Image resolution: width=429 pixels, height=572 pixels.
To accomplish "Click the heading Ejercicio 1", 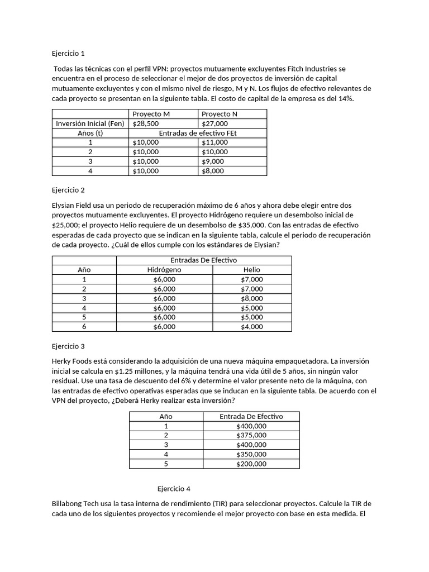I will [68, 54].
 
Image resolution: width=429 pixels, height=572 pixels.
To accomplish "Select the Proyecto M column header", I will [151, 114].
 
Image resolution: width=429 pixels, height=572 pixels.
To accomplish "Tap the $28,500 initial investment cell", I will [146, 123].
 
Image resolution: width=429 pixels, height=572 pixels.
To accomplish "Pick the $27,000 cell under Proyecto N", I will [214, 123].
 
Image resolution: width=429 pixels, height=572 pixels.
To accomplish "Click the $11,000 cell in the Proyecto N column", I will [214, 142].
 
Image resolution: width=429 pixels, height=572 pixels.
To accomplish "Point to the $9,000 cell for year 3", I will [213, 161].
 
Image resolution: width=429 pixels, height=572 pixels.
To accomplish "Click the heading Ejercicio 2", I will [68, 190].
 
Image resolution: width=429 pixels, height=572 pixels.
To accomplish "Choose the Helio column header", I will [252, 270].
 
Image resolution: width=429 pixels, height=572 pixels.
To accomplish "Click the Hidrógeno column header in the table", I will [164, 270].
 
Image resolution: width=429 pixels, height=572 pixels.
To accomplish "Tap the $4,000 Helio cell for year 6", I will [252, 327].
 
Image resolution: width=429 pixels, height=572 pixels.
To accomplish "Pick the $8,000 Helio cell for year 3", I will [252, 298].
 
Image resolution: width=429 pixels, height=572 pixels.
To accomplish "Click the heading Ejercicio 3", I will [68, 346].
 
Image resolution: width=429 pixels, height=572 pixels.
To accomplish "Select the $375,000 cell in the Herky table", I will [251, 435].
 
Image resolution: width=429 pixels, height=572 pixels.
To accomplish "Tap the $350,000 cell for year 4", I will [251, 454].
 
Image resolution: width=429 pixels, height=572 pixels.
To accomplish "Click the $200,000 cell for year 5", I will [251, 464].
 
